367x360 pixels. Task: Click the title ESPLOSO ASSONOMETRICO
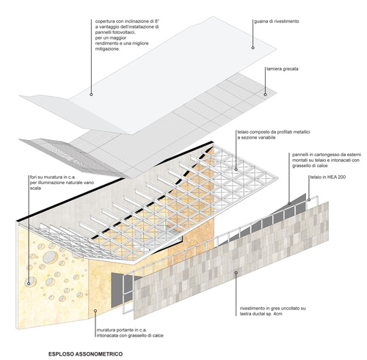click(85, 354)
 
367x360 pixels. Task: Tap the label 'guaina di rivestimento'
click(277, 21)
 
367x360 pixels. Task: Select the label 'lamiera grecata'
click(283, 69)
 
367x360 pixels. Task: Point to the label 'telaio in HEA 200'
click(328, 177)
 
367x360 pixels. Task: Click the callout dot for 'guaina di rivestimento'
click(252, 48)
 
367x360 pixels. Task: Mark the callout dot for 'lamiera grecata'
click(265, 95)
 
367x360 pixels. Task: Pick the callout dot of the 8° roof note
click(91, 95)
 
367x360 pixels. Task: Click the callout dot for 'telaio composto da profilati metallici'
click(236, 169)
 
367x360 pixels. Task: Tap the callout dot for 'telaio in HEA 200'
click(309, 199)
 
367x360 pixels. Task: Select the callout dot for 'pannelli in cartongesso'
click(289, 203)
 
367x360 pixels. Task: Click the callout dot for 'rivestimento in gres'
click(236, 272)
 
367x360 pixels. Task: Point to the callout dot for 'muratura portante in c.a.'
click(95, 311)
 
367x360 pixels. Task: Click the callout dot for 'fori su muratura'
click(29, 284)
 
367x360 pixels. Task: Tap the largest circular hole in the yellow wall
click(50, 257)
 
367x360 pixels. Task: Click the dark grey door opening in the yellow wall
click(117, 290)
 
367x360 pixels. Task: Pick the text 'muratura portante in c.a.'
click(122, 330)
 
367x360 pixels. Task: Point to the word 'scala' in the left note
click(35, 188)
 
